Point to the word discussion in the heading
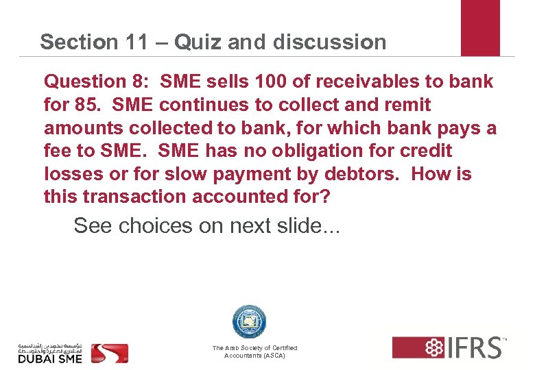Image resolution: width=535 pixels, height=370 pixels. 329,42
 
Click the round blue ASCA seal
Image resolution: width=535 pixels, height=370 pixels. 249,322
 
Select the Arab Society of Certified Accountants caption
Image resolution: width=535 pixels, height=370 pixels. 254,352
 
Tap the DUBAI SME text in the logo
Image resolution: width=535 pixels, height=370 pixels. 49,358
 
